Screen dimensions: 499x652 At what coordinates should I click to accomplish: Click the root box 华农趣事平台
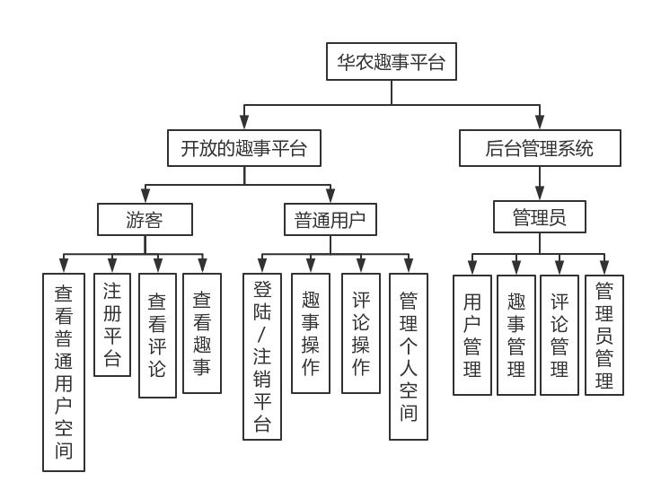tap(391, 62)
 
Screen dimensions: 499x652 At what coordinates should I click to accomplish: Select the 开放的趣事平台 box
tap(243, 148)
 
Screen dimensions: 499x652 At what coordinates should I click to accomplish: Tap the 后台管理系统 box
tap(540, 148)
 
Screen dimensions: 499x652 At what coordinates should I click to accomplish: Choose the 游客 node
tap(145, 220)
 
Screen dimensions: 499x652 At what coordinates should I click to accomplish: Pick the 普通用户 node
tap(330, 220)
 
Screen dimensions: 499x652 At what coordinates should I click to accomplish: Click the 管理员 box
tap(540, 217)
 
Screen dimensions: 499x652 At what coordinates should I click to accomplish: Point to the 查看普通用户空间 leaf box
tap(64, 372)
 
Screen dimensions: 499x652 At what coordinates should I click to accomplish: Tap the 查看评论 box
tap(157, 335)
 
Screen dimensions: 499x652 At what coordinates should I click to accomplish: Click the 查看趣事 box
tap(202, 333)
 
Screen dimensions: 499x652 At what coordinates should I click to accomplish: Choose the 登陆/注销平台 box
tap(262, 356)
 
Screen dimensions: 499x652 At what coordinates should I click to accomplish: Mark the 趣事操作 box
tap(311, 333)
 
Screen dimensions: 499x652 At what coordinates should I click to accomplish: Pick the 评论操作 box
tap(361, 333)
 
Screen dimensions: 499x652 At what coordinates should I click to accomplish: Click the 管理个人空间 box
tap(409, 356)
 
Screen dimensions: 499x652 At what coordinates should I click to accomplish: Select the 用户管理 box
tap(472, 335)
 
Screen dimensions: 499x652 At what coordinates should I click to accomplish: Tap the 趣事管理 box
tap(516, 335)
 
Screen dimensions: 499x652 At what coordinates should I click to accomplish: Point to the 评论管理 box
tap(559, 335)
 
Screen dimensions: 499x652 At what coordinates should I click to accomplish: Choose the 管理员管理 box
tap(604, 335)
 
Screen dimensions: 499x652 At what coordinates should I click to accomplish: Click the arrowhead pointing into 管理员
tap(540, 195)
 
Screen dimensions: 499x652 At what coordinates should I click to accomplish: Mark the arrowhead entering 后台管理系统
tap(540, 123)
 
